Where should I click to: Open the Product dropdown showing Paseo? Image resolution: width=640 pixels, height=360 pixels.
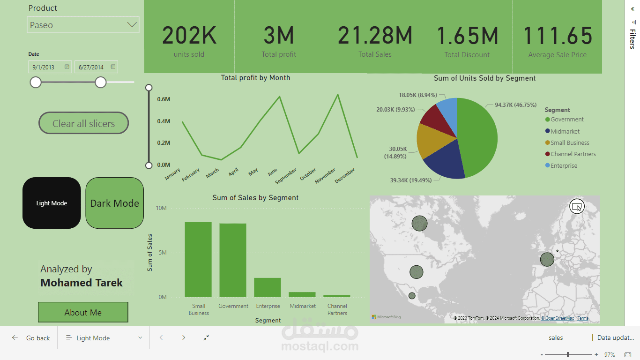83,25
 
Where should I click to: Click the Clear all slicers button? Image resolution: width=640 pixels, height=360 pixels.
83,123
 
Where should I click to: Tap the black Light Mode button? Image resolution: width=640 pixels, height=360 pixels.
52,203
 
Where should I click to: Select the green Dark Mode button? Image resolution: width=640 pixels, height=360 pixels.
115,203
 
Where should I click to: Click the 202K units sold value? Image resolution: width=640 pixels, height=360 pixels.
189,36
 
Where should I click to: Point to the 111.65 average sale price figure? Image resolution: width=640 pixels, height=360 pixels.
558,36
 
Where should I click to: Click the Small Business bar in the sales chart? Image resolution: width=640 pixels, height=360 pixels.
198,259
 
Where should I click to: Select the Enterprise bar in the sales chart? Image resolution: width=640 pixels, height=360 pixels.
268,287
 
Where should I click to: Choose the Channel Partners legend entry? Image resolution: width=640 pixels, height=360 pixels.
573,154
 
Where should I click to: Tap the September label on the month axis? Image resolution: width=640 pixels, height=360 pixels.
286,176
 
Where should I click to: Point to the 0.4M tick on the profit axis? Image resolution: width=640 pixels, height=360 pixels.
164,121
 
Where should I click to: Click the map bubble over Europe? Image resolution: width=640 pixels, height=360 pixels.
547,259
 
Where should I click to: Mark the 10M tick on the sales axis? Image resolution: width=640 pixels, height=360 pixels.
161,208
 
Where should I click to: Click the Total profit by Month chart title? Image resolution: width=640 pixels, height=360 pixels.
255,78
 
